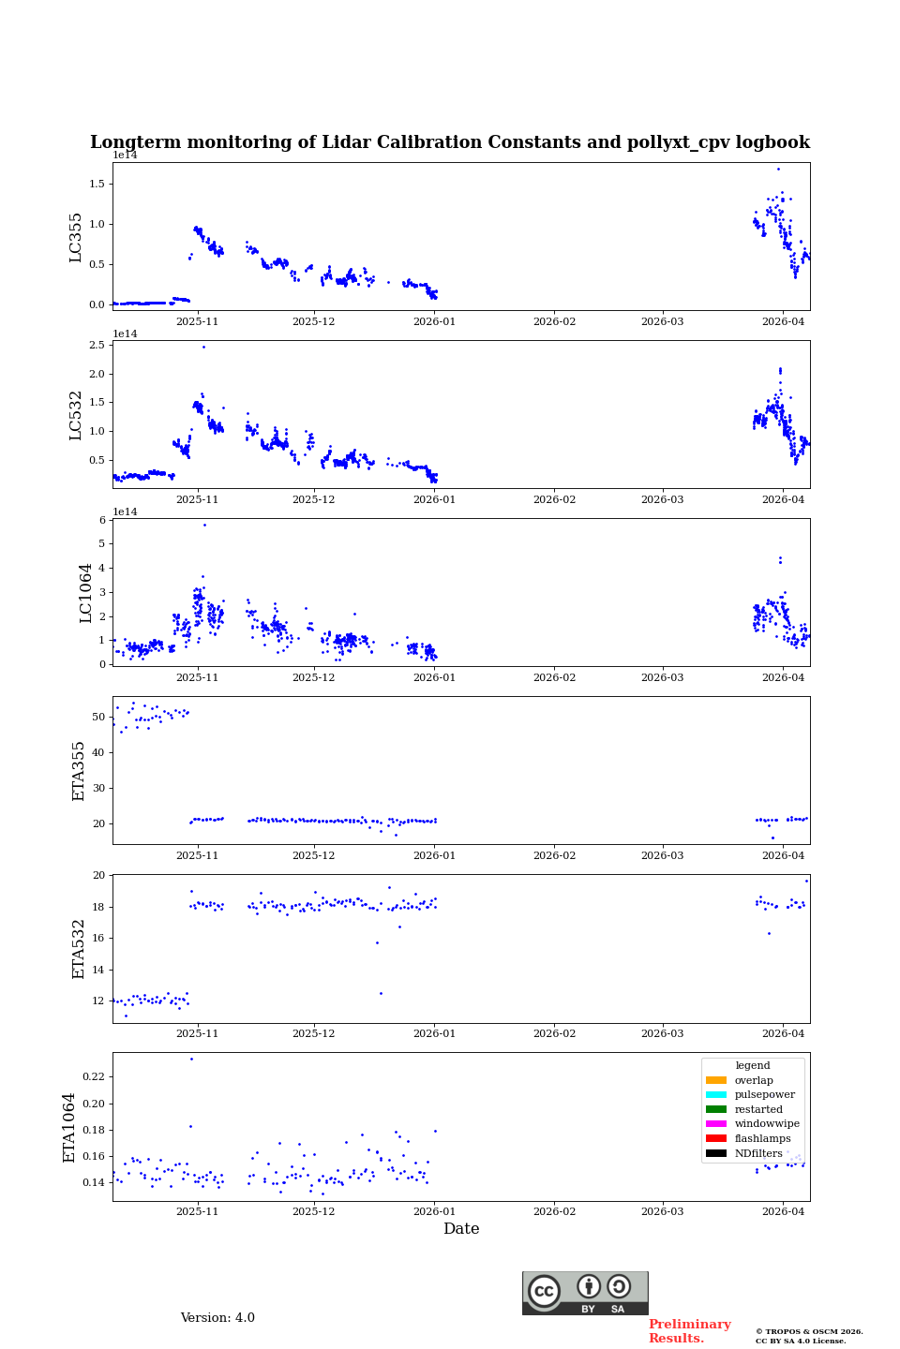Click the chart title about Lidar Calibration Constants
pos(450,142)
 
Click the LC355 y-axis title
pos(76,237)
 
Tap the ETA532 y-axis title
pos(79,948)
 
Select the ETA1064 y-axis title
pos(69,1127)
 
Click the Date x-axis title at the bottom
pos(461,1229)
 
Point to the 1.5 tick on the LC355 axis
pos(97,184)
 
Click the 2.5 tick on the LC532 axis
pos(97,346)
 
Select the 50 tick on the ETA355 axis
pos(98,717)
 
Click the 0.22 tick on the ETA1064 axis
pos(93,1077)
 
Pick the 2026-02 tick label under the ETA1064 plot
pos(554,1211)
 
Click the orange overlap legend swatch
pos(716,1080)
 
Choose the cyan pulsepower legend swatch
pos(716,1095)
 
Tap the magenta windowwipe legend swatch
pos(716,1124)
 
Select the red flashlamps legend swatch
pos(716,1138)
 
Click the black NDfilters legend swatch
pos(716,1153)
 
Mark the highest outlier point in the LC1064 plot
pos(204,525)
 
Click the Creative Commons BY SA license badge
pos(585,1293)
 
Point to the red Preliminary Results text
pos(689,1331)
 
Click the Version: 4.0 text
pos(217,1318)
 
